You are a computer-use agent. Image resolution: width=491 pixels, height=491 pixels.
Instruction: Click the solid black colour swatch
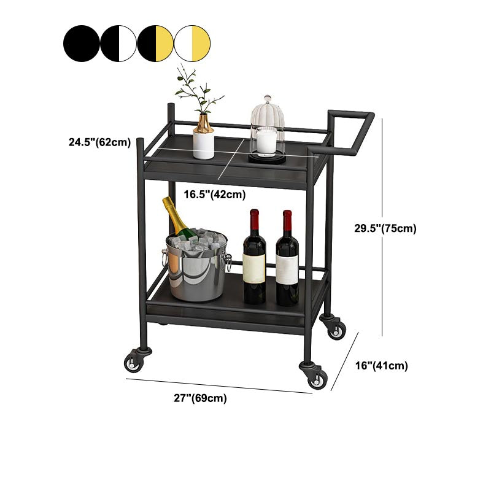pos(82,43)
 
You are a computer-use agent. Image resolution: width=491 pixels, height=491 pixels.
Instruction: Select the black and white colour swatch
pos(118,43)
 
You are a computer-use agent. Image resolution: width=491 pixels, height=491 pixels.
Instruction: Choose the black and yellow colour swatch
pos(155,43)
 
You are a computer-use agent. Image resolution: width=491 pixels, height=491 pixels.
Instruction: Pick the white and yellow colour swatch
pos(192,43)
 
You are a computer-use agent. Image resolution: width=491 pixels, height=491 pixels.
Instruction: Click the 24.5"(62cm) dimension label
pos(99,142)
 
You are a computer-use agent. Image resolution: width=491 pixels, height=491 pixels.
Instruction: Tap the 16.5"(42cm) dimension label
pos(215,195)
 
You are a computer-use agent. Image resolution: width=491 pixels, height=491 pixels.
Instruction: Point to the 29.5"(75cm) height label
pos(385,228)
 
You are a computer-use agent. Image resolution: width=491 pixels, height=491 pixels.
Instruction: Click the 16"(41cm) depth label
pos(382,366)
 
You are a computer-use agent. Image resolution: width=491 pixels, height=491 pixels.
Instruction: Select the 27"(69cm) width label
pos(200,398)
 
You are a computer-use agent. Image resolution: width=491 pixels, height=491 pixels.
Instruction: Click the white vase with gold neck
pos(204,138)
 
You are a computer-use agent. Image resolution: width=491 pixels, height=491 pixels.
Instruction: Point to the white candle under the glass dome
pos(266,141)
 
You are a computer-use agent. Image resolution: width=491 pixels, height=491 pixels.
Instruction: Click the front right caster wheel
pos(315,376)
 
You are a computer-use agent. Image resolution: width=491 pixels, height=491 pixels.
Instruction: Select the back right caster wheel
pos(334,328)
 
